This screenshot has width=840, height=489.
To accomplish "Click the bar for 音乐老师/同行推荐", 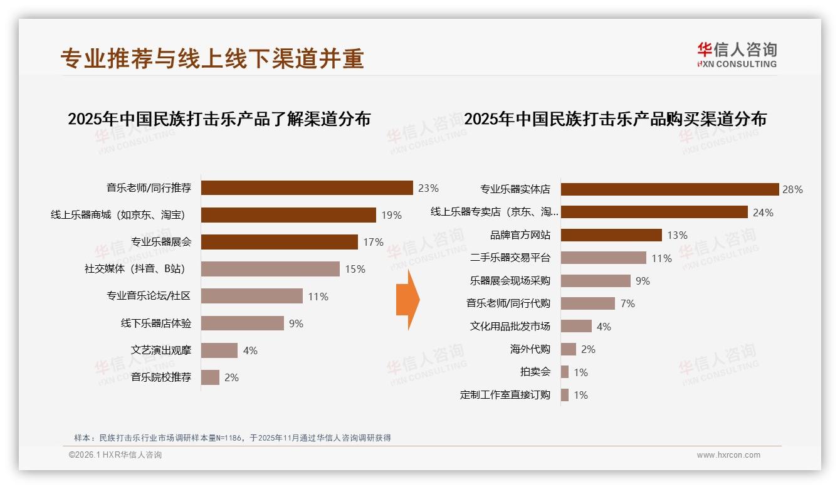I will (307, 188).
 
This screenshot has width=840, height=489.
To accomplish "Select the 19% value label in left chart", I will (391, 216).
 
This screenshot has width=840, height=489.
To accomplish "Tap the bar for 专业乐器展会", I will (279, 242).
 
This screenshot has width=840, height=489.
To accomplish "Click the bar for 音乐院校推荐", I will (210, 377).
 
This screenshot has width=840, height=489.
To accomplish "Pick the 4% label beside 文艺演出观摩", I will (250, 350).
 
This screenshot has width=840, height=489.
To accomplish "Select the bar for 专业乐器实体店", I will (669, 189).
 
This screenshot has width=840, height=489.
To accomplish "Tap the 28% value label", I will (792, 189).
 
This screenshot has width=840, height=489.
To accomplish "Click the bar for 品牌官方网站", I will (611, 235).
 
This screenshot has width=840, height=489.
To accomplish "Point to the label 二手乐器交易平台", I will (510, 258).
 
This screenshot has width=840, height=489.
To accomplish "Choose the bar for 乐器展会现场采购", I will (596, 281).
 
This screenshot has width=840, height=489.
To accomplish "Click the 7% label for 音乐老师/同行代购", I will (627, 304).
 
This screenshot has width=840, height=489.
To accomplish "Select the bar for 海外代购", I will (568, 349).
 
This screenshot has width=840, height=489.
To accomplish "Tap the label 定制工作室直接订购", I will (505, 395).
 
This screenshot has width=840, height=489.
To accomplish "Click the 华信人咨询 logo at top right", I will (737, 55).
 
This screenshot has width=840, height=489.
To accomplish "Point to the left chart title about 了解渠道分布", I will (219, 118).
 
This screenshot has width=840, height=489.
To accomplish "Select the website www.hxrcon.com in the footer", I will (728, 455).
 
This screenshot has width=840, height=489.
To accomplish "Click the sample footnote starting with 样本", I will (233, 438).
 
